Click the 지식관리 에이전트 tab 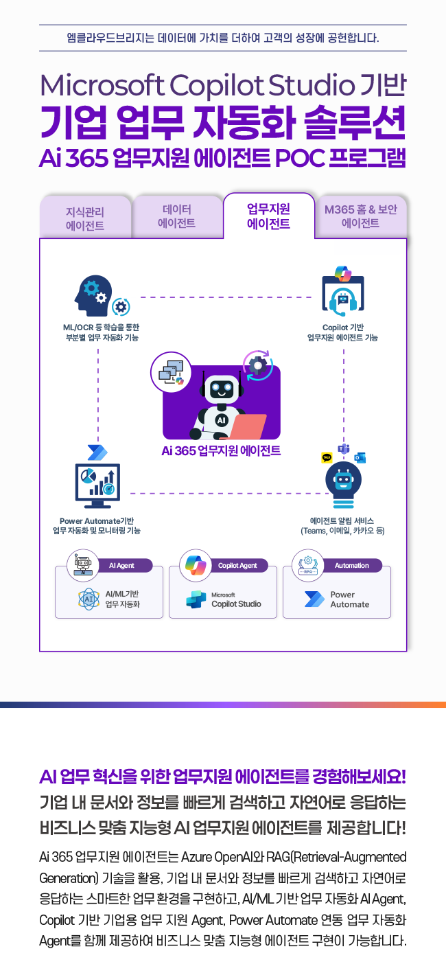85,218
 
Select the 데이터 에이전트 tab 177,216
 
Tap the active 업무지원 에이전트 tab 268,216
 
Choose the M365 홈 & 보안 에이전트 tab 361,216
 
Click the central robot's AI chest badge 221,419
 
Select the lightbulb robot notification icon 342,483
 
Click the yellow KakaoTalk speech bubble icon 327,457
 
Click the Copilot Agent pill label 237,566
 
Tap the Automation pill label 351,566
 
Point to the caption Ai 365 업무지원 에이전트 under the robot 221,451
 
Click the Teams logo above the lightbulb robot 344,448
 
